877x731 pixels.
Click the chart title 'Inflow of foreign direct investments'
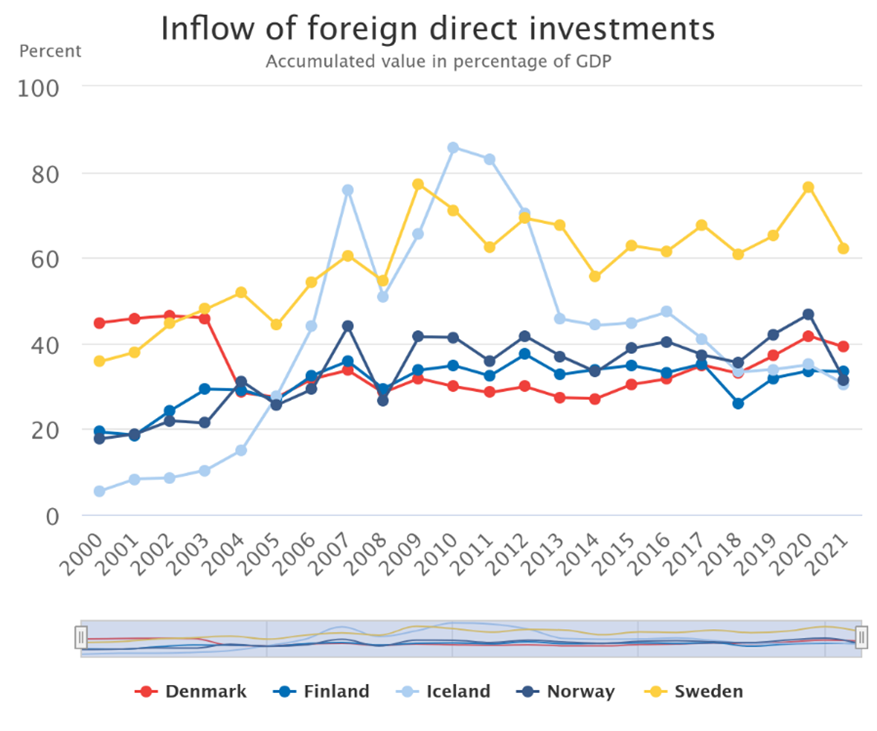click(x=438, y=29)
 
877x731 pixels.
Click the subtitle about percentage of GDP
click(x=438, y=61)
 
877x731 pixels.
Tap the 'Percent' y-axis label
click(x=50, y=52)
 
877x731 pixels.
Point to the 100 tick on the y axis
click(x=38, y=88)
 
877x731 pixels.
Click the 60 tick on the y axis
click(x=44, y=259)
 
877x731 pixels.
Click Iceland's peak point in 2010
click(x=453, y=148)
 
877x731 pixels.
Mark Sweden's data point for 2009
click(x=418, y=184)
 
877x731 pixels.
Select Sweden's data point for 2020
click(x=808, y=187)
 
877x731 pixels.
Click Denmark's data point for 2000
click(x=100, y=323)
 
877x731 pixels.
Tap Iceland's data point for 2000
click(x=100, y=491)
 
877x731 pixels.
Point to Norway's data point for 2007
click(x=347, y=326)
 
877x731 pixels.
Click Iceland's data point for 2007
click(x=347, y=190)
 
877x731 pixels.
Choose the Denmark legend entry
click(x=190, y=691)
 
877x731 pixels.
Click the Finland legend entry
click(x=321, y=691)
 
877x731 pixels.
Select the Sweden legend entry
click(x=694, y=691)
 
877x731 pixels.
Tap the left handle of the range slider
click(x=81, y=637)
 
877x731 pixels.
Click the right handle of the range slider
click(x=862, y=637)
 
